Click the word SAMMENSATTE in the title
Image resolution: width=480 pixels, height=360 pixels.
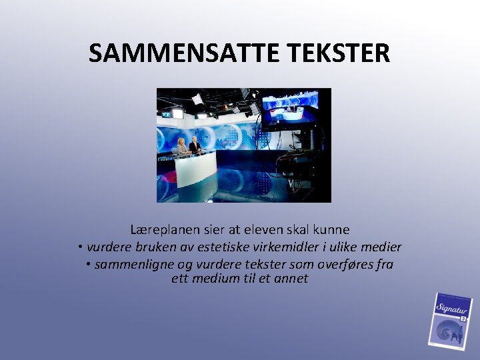click(173, 53)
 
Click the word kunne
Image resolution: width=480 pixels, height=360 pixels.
click(332, 230)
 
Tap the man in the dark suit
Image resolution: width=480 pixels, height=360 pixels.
click(194, 145)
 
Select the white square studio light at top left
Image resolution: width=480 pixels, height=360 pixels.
click(197, 99)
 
